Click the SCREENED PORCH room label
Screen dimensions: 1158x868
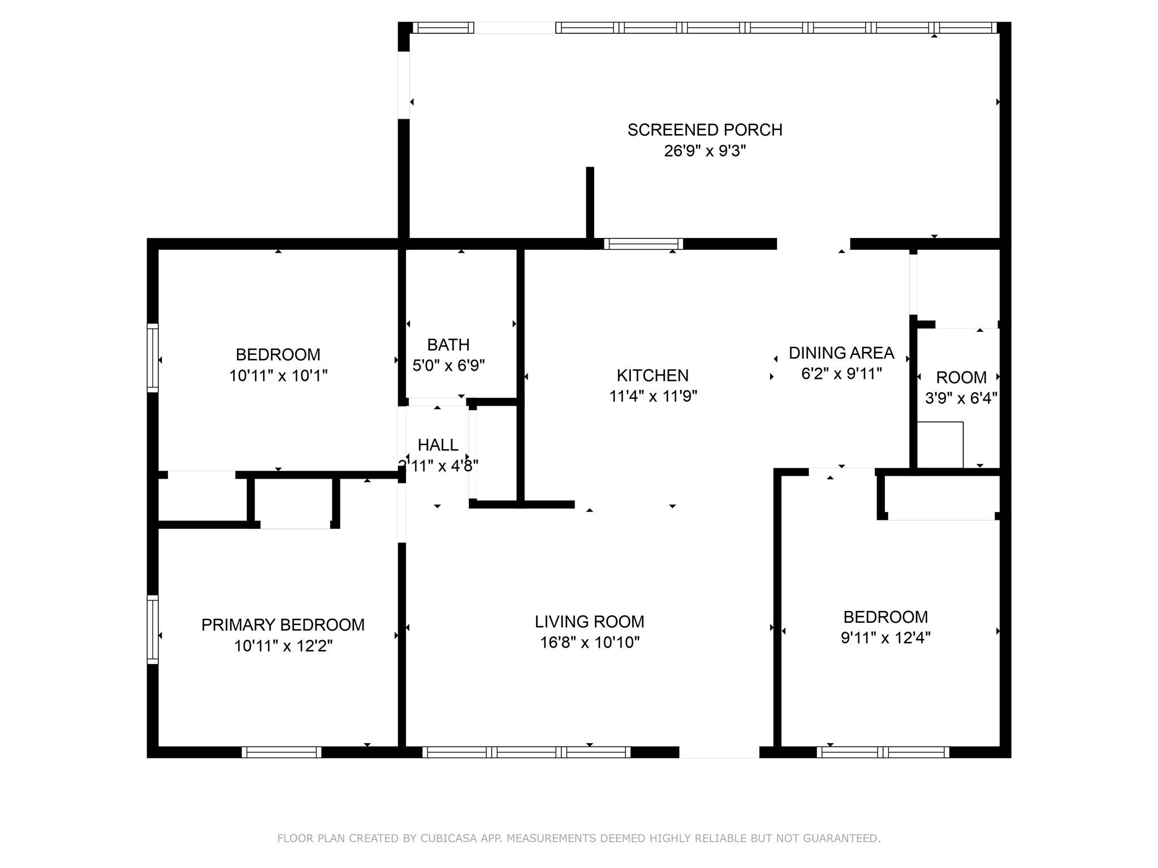705,130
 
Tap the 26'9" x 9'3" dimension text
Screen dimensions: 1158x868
705,151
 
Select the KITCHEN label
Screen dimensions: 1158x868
653,375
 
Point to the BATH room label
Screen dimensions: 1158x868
448,345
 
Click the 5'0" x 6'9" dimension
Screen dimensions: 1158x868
448,366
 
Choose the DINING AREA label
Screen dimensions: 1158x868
841,353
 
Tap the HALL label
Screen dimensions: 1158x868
438,445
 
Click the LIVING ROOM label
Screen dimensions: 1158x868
590,622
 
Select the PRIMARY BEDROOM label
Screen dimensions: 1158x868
283,625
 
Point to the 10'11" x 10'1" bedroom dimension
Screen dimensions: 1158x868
278,376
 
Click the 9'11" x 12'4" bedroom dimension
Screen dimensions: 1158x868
885,638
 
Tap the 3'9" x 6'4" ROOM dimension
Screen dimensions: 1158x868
961,398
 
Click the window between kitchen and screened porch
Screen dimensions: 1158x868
643,244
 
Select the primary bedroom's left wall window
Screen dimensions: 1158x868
153,629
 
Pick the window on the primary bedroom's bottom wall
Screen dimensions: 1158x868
282,752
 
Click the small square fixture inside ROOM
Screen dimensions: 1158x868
940,445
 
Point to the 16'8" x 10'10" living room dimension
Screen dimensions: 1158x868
590,643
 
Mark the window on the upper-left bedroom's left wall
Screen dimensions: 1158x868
153,358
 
